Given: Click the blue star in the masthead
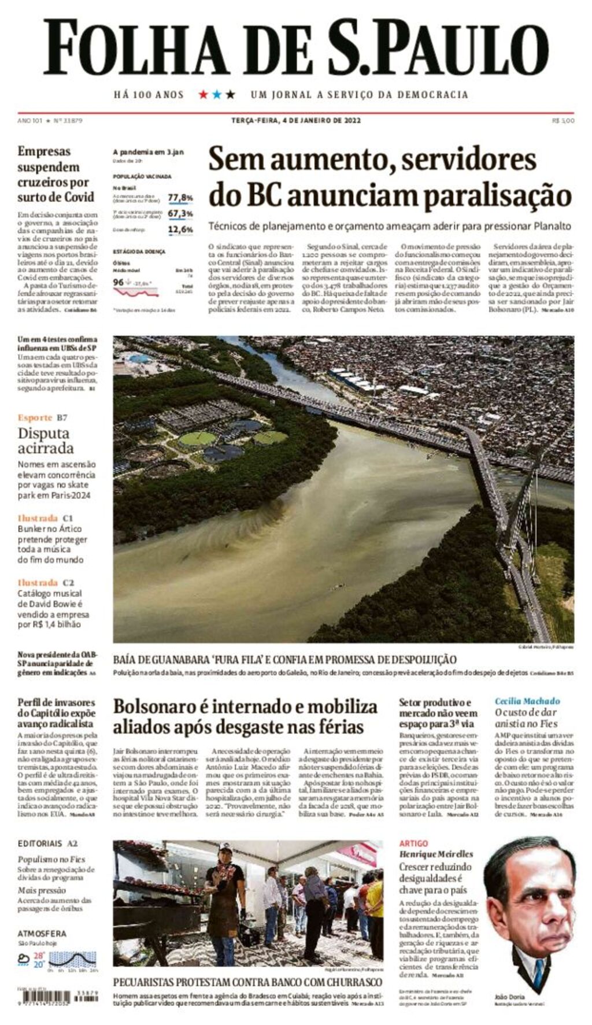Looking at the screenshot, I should coord(217,94).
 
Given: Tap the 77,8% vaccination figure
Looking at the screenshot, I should coord(180,198).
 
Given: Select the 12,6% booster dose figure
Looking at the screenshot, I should coord(180,230).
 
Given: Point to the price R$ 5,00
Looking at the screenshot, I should coord(563,121).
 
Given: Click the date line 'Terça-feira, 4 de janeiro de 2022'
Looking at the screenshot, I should coord(296,120).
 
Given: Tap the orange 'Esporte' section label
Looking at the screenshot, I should coord(35,417).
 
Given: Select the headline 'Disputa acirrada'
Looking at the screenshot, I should coord(46,441).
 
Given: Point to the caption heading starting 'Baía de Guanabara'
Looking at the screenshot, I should coord(284,660).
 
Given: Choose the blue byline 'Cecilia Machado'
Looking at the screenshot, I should coord(527,701).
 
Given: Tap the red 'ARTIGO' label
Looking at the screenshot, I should coord(413,843).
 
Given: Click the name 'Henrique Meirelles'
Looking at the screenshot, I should coord(436,854).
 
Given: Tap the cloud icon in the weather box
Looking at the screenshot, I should coord(24,959).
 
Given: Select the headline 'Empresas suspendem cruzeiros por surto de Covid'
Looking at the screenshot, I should coord(55,174).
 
